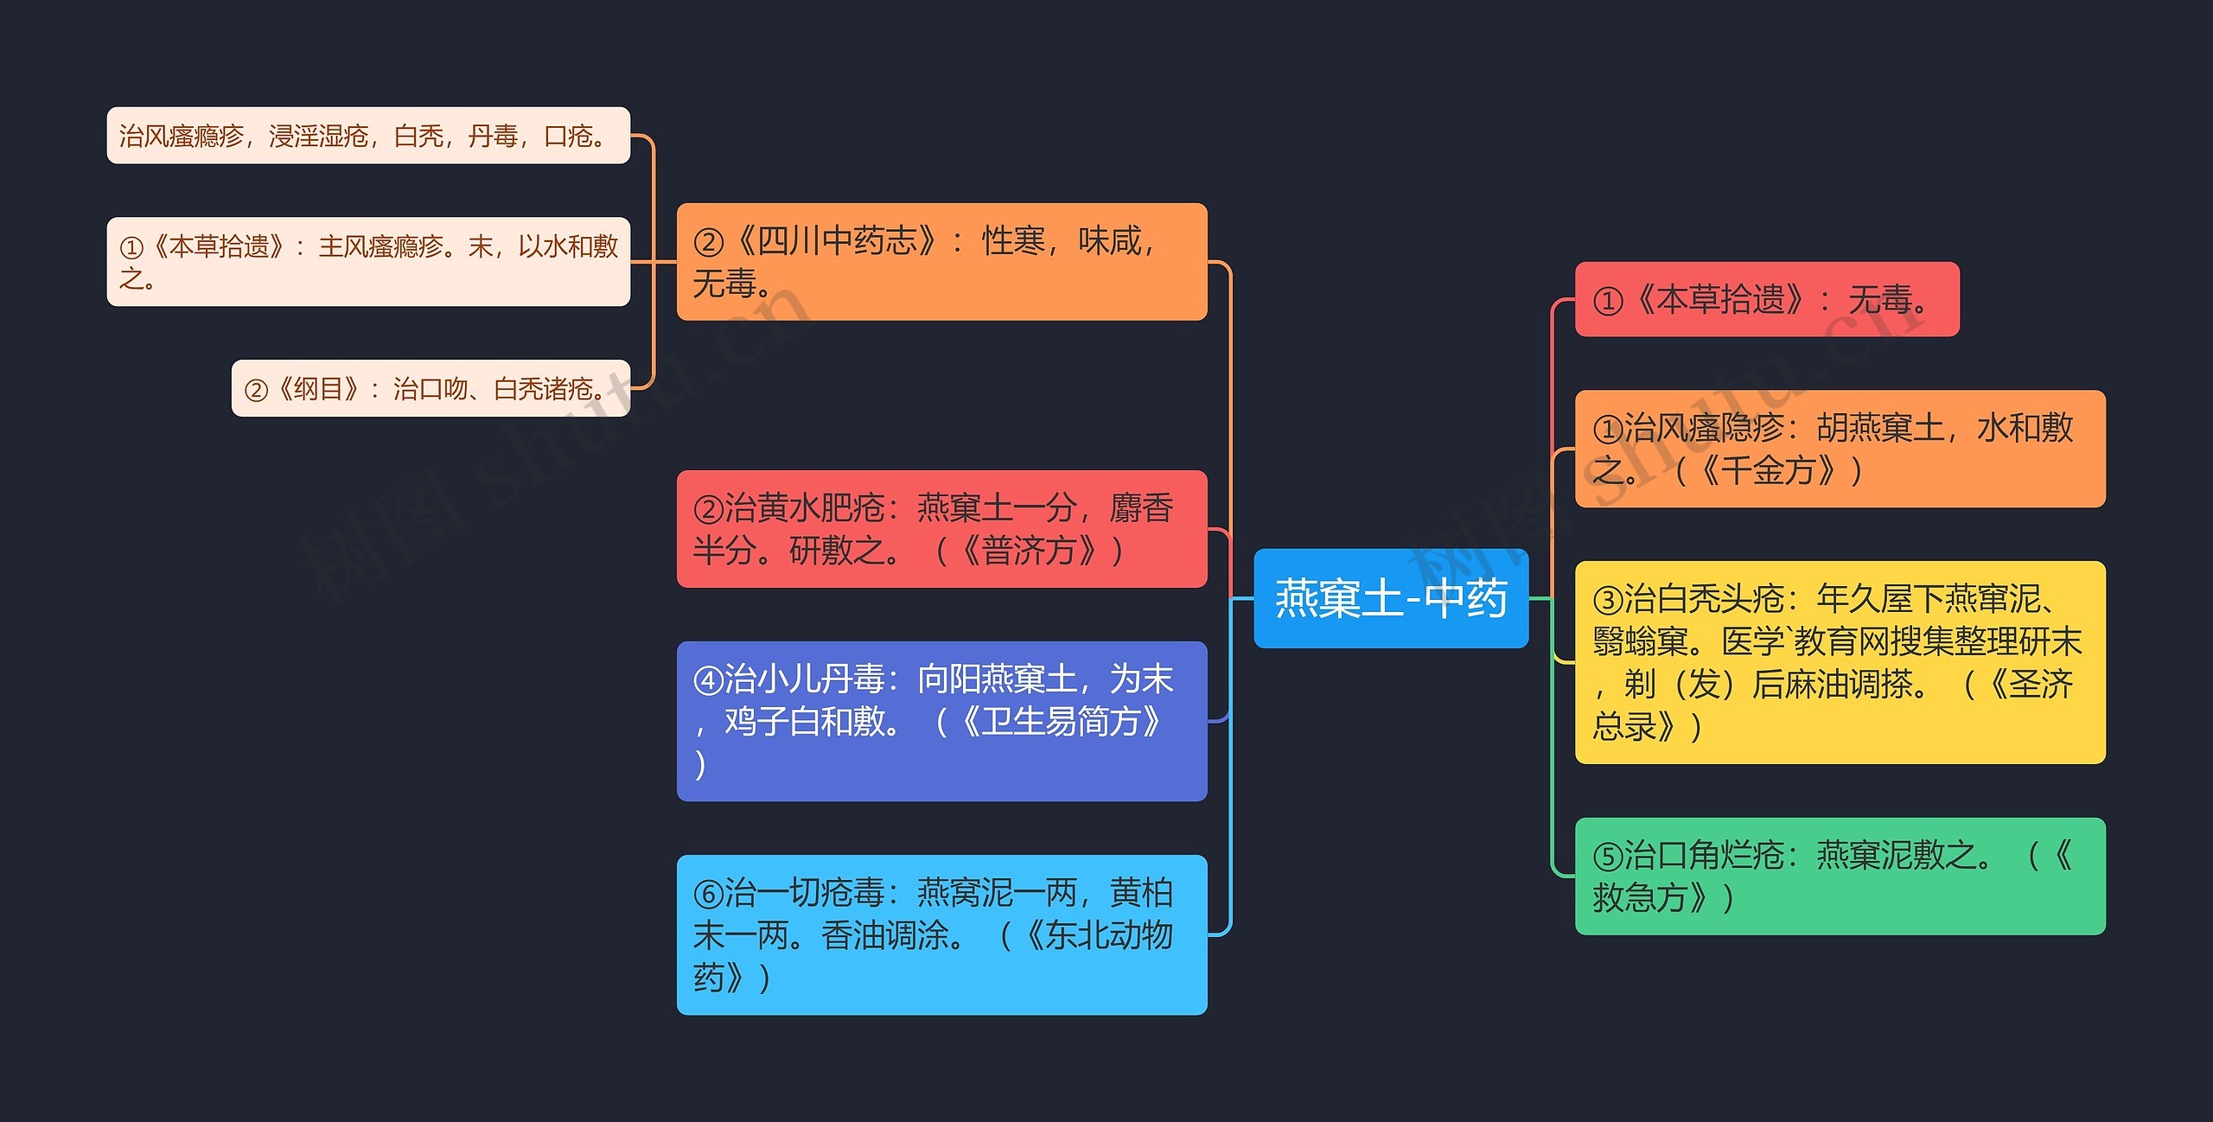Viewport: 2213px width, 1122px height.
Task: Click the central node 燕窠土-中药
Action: click(x=1390, y=598)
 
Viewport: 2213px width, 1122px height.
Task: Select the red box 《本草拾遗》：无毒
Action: click(x=1766, y=299)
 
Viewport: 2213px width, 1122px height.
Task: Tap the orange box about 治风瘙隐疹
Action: click(x=1840, y=449)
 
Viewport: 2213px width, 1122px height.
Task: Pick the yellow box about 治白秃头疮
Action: click(x=1840, y=662)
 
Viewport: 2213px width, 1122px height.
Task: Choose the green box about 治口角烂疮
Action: click(x=1840, y=876)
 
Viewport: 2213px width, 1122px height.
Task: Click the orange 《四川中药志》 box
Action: click(x=941, y=261)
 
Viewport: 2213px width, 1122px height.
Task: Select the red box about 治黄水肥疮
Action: click(x=941, y=529)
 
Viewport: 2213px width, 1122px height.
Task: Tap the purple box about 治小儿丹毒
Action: click(x=941, y=721)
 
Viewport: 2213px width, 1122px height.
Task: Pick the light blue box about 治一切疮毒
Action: click(x=941, y=934)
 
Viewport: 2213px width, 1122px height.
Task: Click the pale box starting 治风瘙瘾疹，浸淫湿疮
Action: click(x=368, y=136)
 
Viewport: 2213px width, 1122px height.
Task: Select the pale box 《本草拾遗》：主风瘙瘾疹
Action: click(x=368, y=262)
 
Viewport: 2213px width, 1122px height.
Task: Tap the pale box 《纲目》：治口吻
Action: click(x=430, y=388)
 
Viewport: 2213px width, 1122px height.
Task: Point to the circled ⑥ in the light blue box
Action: click(x=708, y=894)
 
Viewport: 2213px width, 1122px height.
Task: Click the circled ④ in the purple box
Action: click(x=708, y=680)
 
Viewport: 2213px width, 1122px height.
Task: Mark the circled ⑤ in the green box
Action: click(x=1608, y=857)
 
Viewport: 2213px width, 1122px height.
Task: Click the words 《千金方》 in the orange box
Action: click(x=1767, y=471)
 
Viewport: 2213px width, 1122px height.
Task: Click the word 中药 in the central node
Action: click(x=1466, y=598)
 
